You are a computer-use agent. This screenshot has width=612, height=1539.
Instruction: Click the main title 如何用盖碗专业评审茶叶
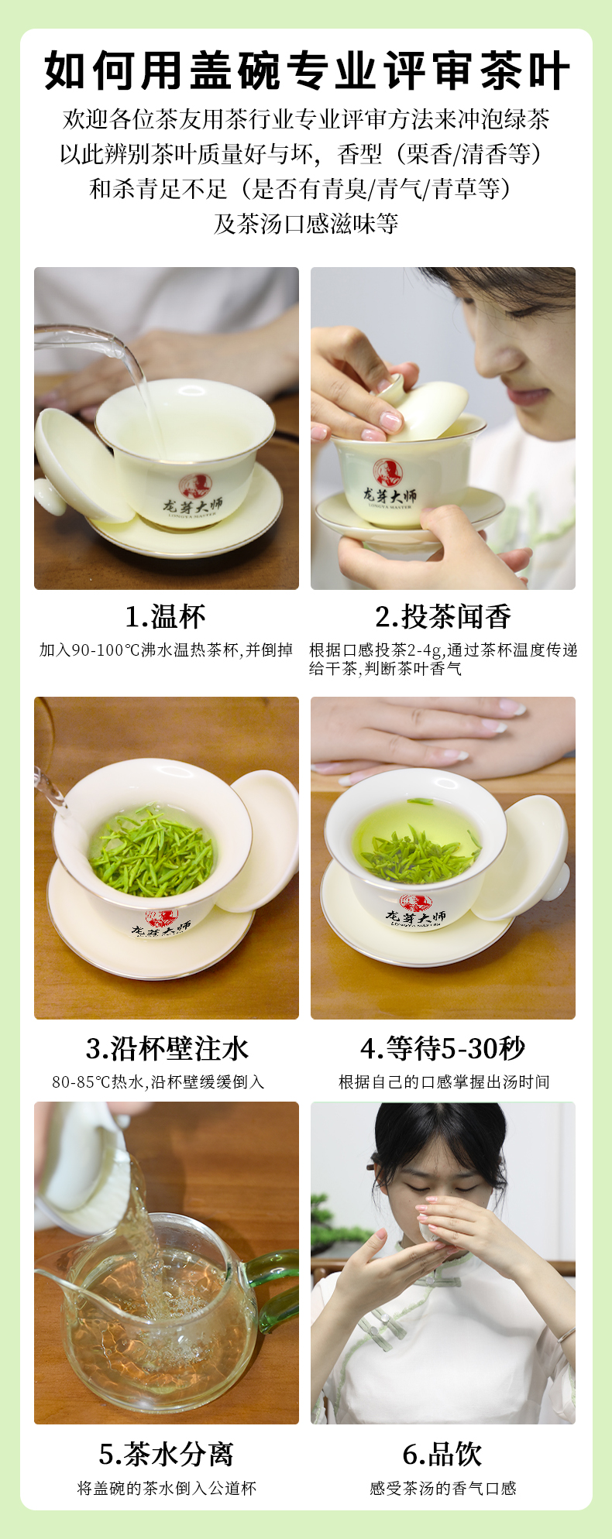[x=307, y=72]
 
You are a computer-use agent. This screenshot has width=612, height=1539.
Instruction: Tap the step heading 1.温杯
[x=166, y=617]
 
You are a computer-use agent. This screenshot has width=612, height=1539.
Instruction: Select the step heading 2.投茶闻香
[x=443, y=617]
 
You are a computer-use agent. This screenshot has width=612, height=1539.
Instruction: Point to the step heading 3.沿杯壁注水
[x=167, y=1048]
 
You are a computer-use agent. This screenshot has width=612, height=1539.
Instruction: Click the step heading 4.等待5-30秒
[x=443, y=1048]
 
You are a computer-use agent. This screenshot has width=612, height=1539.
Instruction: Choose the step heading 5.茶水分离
[x=167, y=1453]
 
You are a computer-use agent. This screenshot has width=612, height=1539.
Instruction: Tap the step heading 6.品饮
[x=443, y=1453]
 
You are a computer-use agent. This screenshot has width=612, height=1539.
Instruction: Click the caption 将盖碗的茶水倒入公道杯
[x=167, y=1488]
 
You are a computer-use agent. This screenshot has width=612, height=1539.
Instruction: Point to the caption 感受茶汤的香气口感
[x=443, y=1488]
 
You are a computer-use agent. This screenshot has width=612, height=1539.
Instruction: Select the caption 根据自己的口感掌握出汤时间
[x=444, y=1081]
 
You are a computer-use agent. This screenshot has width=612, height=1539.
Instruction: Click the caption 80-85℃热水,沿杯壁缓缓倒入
[x=159, y=1081]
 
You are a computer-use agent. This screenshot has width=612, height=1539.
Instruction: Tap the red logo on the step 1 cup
[x=194, y=485]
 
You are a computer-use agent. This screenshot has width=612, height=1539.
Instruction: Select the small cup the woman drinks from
[x=431, y=1228]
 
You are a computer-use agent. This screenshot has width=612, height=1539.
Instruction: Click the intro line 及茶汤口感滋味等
[x=306, y=224]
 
